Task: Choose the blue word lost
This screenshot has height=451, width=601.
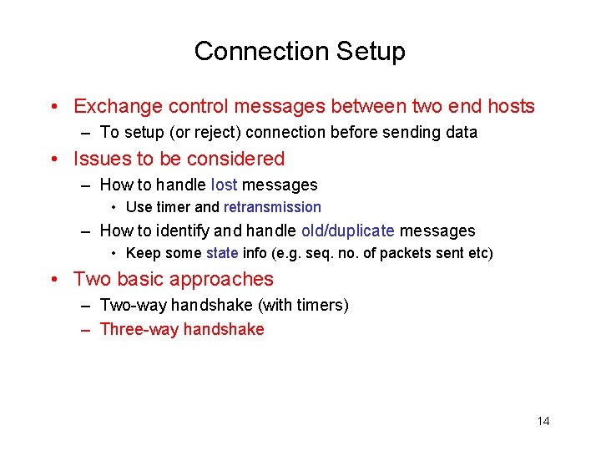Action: pos(225,185)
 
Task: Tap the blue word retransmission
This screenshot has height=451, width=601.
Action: pos(272,207)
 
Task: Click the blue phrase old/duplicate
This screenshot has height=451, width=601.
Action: pos(348,231)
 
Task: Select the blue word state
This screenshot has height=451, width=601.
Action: pos(222,253)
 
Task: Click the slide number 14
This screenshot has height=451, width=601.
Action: pos(543,421)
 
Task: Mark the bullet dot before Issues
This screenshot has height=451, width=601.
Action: pos(53,160)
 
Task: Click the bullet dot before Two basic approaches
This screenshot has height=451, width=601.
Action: pos(53,280)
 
